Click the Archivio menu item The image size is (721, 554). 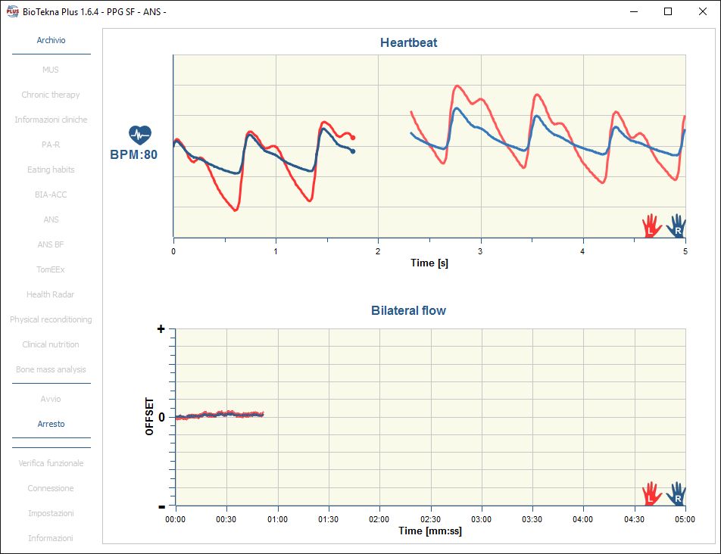point(51,40)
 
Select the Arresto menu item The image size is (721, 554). point(51,424)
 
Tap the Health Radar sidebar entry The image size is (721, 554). point(51,294)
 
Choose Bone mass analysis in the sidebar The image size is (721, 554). point(51,369)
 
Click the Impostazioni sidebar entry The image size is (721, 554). point(51,513)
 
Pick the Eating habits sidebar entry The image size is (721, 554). point(51,170)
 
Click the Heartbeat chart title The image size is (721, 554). point(408,43)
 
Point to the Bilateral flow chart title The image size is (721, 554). point(408,310)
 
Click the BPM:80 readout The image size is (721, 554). point(134,155)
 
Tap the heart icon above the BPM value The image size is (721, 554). point(139,135)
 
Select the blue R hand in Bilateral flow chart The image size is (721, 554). point(676,494)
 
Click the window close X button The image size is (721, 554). point(702,11)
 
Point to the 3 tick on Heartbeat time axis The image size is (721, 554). point(480,251)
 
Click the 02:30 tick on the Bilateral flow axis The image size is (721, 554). point(430,519)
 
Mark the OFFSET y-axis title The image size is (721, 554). point(150,416)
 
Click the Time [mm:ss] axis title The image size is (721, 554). point(429,531)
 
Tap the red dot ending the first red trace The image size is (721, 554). point(353,137)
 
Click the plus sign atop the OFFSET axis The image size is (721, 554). point(161,329)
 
